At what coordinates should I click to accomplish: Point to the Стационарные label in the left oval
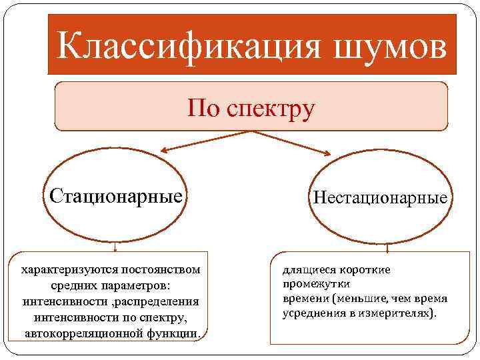tap(115, 197)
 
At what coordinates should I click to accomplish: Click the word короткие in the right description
tap(361, 269)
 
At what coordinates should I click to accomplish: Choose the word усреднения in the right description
tap(312, 313)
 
